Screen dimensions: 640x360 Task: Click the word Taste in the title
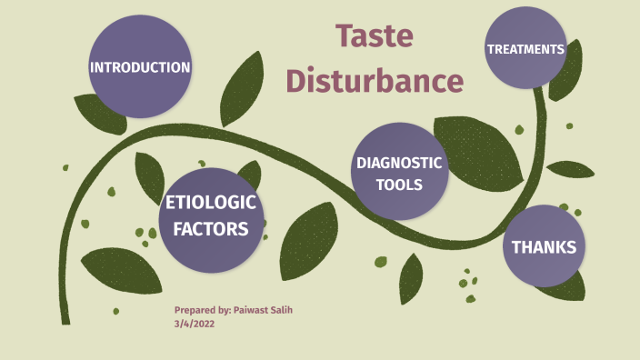click(375, 36)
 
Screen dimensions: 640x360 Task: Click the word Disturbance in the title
click(375, 80)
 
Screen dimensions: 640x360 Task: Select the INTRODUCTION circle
click(140, 67)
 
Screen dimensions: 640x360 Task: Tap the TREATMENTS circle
click(525, 48)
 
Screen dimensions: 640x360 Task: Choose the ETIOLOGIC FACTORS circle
click(212, 218)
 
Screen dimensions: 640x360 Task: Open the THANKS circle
click(544, 246)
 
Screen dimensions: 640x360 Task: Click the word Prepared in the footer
click(195, 310)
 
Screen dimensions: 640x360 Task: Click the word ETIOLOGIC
click(212, 204)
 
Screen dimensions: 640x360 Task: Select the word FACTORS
click(212, 229)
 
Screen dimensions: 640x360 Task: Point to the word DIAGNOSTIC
click(399, 164)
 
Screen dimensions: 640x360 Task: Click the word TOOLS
click(399, 185)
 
